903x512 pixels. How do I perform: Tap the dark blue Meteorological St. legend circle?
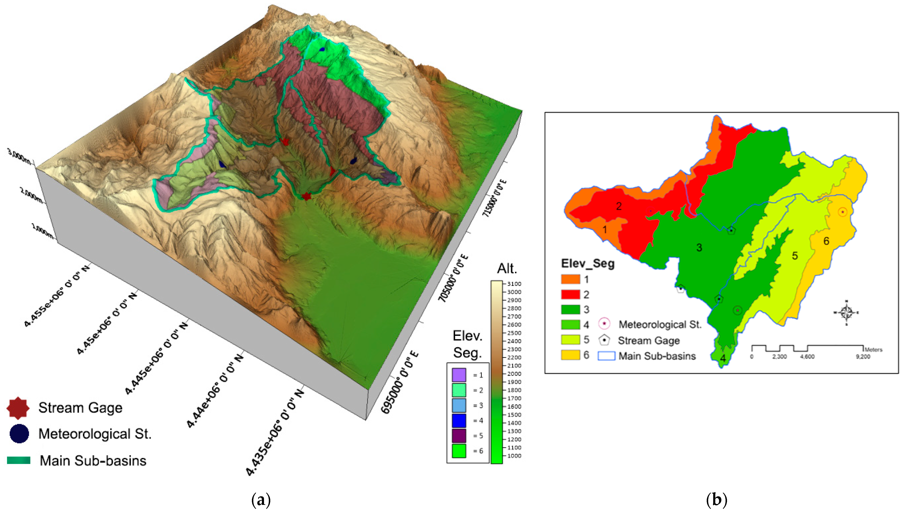(19, 434)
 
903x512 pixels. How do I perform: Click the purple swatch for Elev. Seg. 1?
(459, 375)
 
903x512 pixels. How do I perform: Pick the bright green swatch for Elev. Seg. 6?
(459, 451)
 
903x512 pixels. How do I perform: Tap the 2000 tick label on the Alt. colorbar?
(514, 374)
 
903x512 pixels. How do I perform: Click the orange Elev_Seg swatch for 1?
(570, 279)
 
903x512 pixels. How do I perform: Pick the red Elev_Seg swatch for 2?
(570, 294)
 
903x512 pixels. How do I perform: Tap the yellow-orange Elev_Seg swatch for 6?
(570, 355)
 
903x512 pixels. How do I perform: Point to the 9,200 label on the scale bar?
(863, 357)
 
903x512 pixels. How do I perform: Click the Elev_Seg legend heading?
(588, 263)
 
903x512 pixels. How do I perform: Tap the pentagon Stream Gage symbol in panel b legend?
(604, 340)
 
